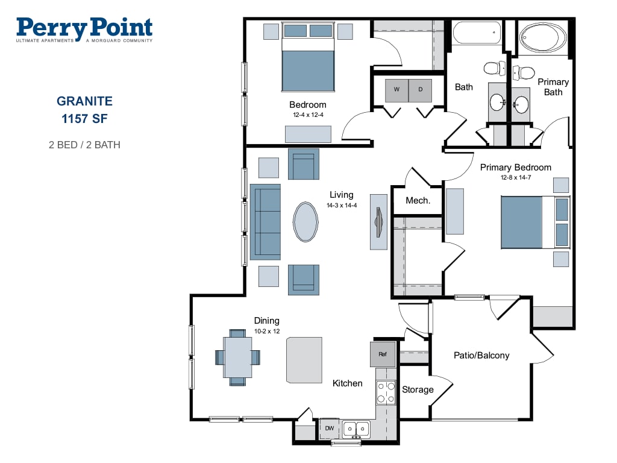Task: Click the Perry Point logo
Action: click(84, 30)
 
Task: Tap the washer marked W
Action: click(396, 90)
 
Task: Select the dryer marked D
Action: click(420, 90)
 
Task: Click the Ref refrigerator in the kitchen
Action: click(383, 354)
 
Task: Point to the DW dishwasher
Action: click(330, 429)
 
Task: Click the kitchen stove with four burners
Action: click(386, 392)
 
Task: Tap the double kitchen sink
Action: click(356, 429)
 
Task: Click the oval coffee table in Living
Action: click(305, 222)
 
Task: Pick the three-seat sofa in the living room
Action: click(265, 222)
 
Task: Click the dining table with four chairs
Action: click(237, 357)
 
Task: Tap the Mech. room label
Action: click(418, 200)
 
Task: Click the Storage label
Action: click(418, 389)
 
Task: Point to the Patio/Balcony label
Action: click(481, 356)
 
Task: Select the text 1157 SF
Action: click(84, 119)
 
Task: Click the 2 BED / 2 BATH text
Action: click(84, 145)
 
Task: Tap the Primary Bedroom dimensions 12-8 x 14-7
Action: click(516, 178)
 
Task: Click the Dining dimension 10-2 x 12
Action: click(267, 331)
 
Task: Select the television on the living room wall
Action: click(378, 222)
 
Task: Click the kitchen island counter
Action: click(304, 360)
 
